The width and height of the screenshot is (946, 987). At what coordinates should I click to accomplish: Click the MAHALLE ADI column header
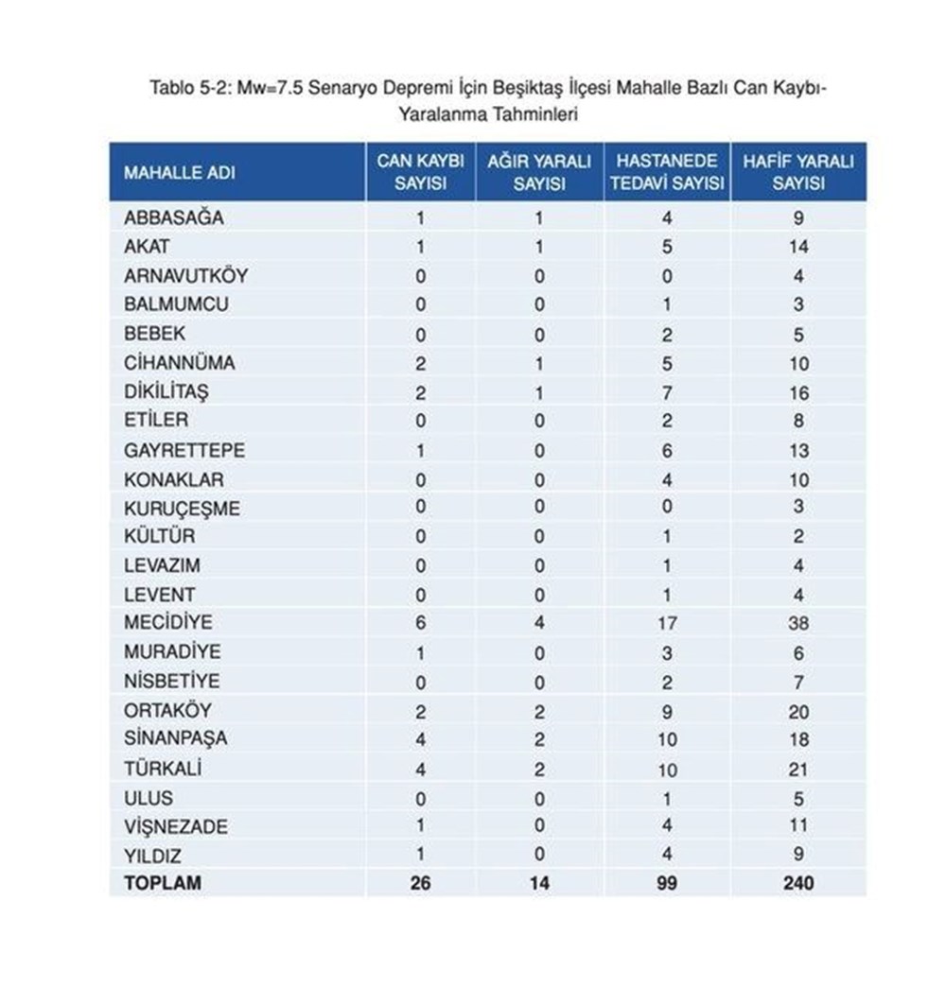tap(180, 173)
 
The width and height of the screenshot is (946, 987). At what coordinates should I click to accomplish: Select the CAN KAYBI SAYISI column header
tap(420, 172)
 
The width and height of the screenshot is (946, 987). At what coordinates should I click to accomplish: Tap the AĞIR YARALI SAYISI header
tap(539, 172)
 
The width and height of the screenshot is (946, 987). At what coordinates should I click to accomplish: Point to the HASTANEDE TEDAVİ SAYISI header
tap(667, 172)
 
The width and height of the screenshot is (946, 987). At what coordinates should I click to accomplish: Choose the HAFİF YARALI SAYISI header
tap(797, 172)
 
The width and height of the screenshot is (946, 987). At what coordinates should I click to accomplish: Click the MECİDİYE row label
tap(168, 623)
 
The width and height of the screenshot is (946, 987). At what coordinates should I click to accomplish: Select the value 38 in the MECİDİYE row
tap(798, 623)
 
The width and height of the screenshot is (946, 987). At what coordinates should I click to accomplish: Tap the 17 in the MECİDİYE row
tap(668, 623)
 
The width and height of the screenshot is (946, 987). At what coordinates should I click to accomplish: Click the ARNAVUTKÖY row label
tap(185, 276)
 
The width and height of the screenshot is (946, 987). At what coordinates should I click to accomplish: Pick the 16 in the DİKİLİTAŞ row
tap(798, 392)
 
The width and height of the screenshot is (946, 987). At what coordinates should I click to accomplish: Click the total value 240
tap(798, 884)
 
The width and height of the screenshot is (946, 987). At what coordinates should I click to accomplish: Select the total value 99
tap(668, 884)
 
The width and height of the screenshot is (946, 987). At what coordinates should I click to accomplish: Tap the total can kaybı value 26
tap(421, 884)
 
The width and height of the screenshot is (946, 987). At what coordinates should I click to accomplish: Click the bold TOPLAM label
tap(164, 884)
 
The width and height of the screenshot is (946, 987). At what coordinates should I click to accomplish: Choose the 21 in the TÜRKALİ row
tap(798, 769)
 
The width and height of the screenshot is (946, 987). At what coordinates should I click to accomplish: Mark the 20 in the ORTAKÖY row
tap(798, 711)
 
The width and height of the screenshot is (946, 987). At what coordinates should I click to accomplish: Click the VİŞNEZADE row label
tap(176, 826)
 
